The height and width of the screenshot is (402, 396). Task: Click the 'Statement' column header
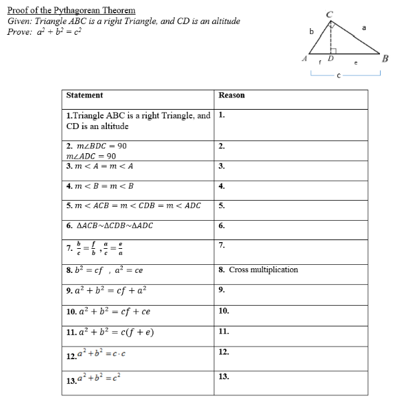coord(85,96)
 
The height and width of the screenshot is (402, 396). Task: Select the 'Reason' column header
coord(232,96)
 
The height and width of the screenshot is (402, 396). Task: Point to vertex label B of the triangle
coord(385,58)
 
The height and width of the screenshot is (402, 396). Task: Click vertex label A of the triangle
coord(304,58)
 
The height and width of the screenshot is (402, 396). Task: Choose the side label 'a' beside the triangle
coord(364,27)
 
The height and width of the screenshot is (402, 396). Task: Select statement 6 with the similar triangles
coord(110,225)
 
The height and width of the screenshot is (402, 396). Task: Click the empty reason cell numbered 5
coord(292,205)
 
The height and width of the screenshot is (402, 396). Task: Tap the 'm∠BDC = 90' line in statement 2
coord(97,146)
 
